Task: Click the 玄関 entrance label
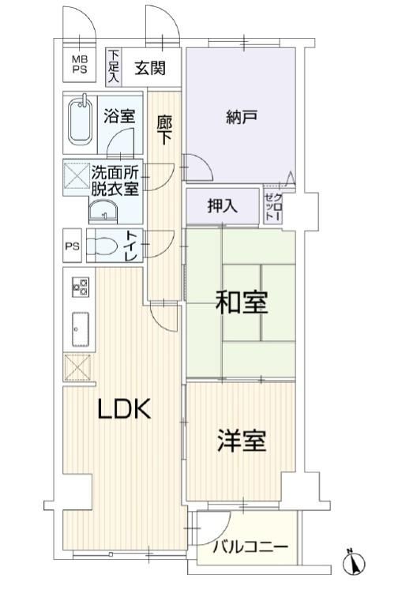tap(150, 68)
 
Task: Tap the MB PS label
tap(80, 64)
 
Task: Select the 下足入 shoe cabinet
tap(114, 67)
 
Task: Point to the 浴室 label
tap(119, 116)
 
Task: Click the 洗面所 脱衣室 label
tap(115, 182)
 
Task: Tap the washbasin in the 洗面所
tap(103, 212)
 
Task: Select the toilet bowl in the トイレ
tap(102, 246)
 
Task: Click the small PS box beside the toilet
tap(72, 246)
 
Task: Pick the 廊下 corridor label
tap(164, 130)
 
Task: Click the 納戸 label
tap(242, 117)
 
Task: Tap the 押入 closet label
tap(223, 206)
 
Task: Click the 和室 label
tap(242, 302)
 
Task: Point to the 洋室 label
tap(242, 440)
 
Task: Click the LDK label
tap(125, 408)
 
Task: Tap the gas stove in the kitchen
tap(81, 287)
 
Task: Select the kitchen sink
tap(81, 329)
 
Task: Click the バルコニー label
tap(250, 547)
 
